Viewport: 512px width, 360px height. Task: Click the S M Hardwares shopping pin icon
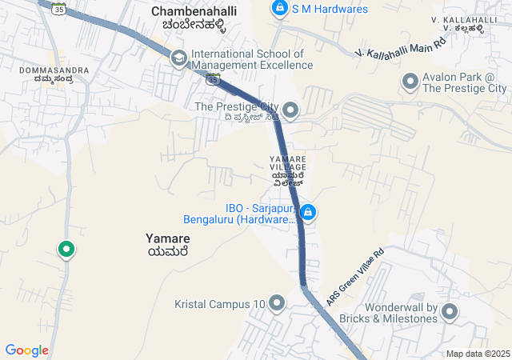[279, 9]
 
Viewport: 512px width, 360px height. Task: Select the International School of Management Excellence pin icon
[178, 58]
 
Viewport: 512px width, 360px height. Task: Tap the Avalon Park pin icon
[410, 81]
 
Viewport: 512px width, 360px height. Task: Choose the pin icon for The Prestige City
[290, 109]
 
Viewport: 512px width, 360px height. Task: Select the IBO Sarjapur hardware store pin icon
[308, 213]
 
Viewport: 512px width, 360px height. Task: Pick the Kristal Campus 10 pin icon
[277, 303]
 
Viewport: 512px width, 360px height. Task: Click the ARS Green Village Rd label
[355, 277]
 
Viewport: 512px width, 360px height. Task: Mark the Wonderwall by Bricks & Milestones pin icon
[450, 312]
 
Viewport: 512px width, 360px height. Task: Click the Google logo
[26, 350]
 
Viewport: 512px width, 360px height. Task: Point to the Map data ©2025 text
[478, 354]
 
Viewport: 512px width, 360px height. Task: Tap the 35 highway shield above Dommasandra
[58, 8]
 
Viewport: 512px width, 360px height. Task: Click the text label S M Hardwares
[330, 9]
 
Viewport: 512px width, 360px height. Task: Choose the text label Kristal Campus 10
[219, 304]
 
